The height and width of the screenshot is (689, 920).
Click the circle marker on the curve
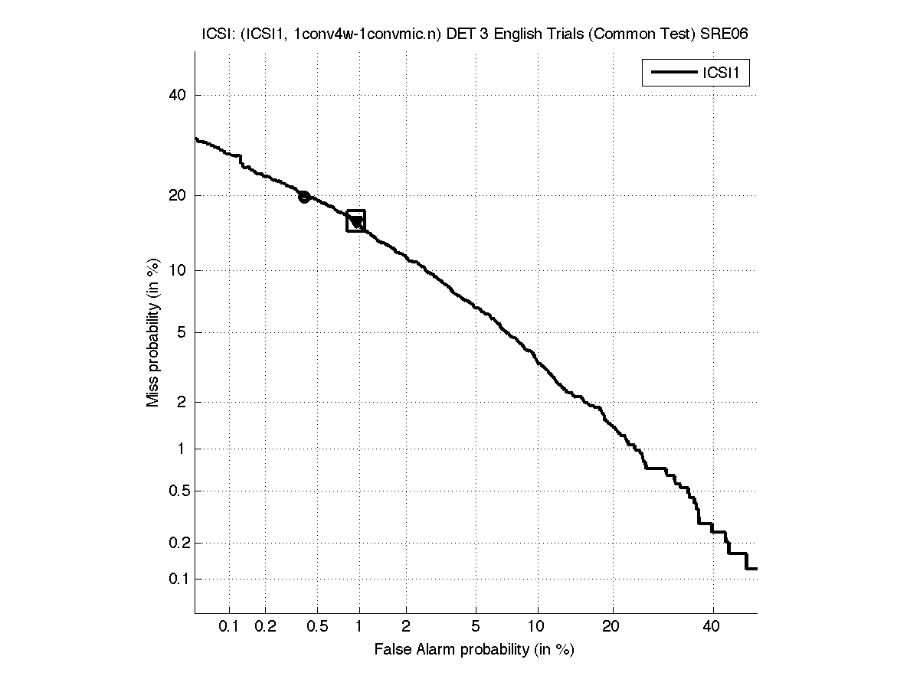click(x=304, y=197)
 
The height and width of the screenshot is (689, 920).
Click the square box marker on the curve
click(x=355, y=220)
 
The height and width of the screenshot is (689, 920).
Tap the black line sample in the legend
click(x=672, y=73)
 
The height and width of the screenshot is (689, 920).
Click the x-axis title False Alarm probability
click(x=473, y=650)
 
